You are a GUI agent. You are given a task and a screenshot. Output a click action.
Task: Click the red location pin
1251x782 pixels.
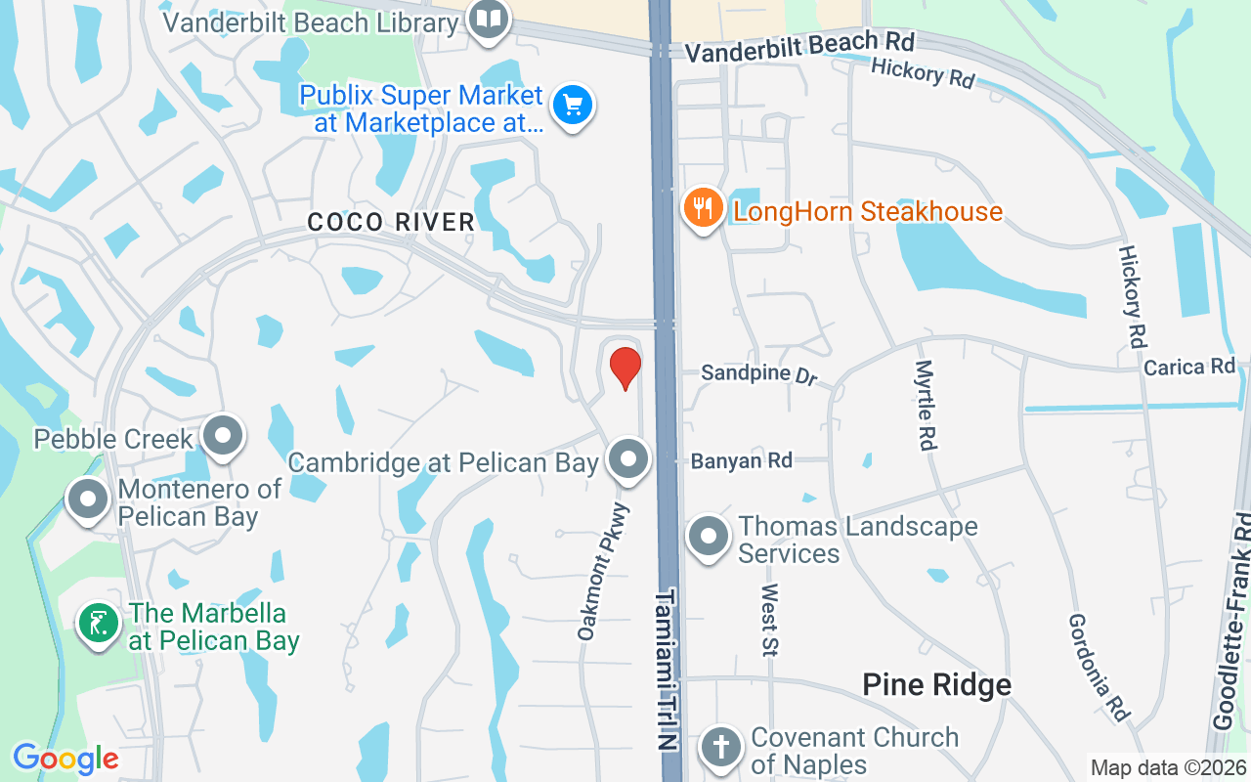point(625,369)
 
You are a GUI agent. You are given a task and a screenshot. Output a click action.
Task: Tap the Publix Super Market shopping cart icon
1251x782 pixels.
point(572,105)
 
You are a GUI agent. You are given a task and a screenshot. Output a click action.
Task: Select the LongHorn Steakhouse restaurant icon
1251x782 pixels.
point(702,208)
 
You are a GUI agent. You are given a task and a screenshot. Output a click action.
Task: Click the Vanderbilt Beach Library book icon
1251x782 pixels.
point(487,19)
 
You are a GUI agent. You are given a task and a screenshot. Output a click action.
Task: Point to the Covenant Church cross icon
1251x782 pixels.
point(720,748)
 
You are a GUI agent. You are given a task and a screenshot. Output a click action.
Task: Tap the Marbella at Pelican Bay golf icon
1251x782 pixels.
point(99,625)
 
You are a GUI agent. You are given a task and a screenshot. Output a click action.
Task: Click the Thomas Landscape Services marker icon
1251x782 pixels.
point(709,537)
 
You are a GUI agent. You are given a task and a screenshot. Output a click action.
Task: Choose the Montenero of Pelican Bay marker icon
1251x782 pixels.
point(88,500)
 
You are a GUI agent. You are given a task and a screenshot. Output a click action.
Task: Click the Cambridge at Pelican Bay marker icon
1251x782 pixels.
point(627,458)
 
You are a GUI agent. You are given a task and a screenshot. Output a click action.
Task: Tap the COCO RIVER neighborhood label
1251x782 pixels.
point(391,222)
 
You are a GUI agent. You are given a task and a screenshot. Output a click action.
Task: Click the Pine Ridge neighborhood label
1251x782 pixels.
point(936,685)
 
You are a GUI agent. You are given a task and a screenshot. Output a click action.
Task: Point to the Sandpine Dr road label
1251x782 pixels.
point(758,374)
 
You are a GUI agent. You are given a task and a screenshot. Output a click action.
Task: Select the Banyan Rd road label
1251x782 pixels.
point(741,460)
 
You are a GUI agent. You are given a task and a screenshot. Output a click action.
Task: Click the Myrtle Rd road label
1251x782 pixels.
point(924,405)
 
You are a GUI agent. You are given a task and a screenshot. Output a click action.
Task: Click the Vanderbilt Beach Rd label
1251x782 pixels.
point(799,48)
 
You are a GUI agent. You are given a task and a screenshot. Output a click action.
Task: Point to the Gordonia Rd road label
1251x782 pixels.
point(1100,667)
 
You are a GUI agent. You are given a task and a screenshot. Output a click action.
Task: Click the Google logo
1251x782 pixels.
point(65,758)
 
